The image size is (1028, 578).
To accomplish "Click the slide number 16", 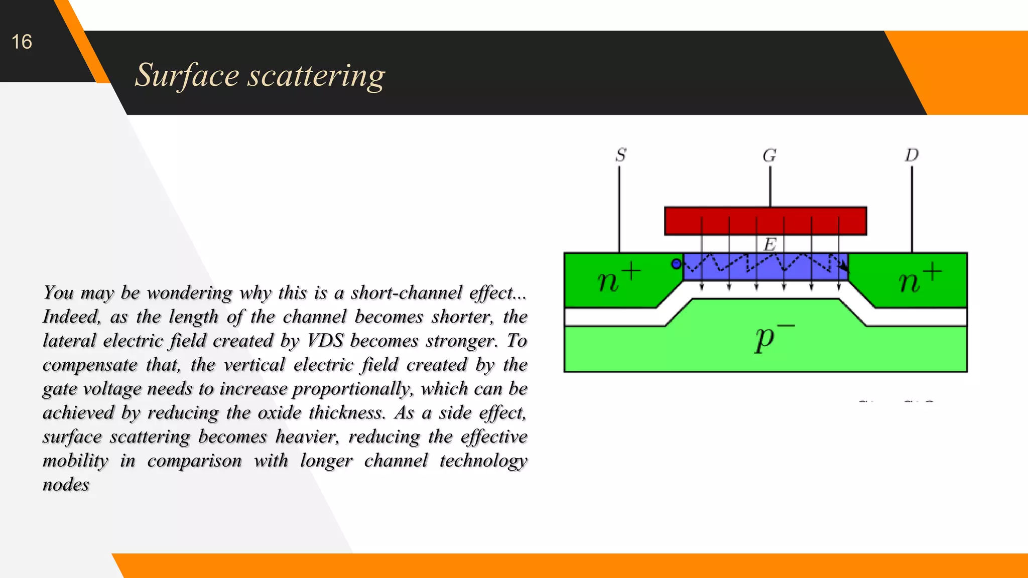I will tap(22, 42).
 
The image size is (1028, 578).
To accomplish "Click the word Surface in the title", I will tap(187, 75).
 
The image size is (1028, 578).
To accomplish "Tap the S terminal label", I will tap(621, 155).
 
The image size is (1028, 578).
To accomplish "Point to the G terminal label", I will tap(769, 156).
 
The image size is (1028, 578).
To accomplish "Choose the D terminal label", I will tap(912, 155).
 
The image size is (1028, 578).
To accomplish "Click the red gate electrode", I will tap(765, 221).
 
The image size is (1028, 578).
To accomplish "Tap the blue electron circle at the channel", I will tap(677, 263).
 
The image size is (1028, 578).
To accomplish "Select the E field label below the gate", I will tap(769, 245).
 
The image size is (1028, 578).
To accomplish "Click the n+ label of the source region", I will tap(618, 278).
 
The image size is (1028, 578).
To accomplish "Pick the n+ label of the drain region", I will tap(919, 278).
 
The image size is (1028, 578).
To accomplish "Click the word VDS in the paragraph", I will tap(325, 341).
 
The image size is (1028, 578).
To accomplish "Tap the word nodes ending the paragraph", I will tap(66, 485).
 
